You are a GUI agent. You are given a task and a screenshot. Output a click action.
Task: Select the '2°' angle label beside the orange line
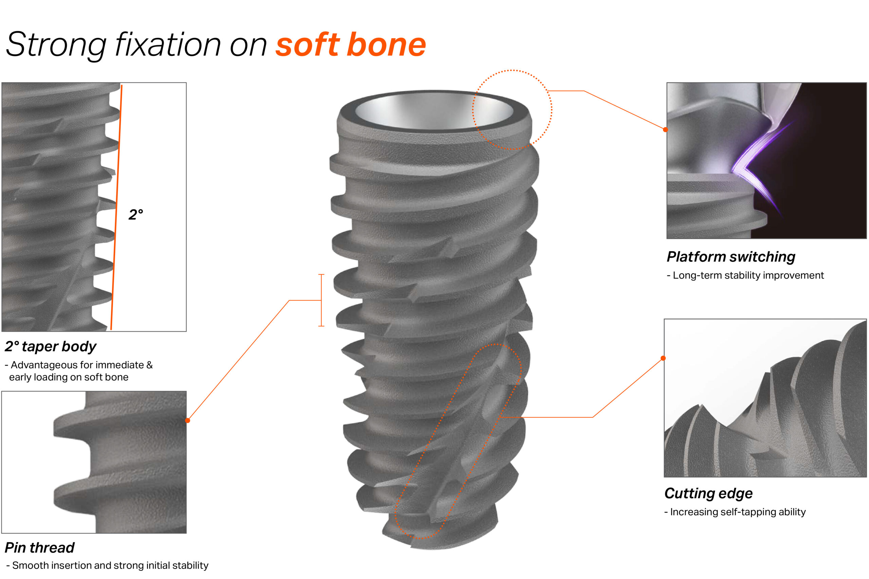135,214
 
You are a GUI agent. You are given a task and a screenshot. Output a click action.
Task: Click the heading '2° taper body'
50,347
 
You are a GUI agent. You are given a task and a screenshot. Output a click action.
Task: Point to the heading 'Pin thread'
39,547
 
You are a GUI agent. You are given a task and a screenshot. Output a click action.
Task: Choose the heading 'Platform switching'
731,257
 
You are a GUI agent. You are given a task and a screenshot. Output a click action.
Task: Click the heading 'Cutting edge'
708,493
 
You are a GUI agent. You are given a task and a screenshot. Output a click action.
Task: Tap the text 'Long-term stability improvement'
748,276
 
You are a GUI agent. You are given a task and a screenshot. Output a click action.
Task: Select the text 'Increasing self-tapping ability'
738,512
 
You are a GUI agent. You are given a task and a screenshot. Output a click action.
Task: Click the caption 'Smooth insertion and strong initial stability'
110,565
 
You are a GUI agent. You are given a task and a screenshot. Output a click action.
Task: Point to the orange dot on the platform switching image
665,130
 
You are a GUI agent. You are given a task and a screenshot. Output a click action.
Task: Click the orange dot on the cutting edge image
663,358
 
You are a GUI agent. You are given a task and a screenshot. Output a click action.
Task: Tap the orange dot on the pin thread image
188,420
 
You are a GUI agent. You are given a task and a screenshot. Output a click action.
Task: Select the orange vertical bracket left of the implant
321,300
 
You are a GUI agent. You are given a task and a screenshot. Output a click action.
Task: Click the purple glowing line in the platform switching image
753,159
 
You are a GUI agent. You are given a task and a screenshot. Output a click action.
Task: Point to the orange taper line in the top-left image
116,207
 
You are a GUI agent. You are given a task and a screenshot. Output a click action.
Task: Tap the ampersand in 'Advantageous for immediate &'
150,365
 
